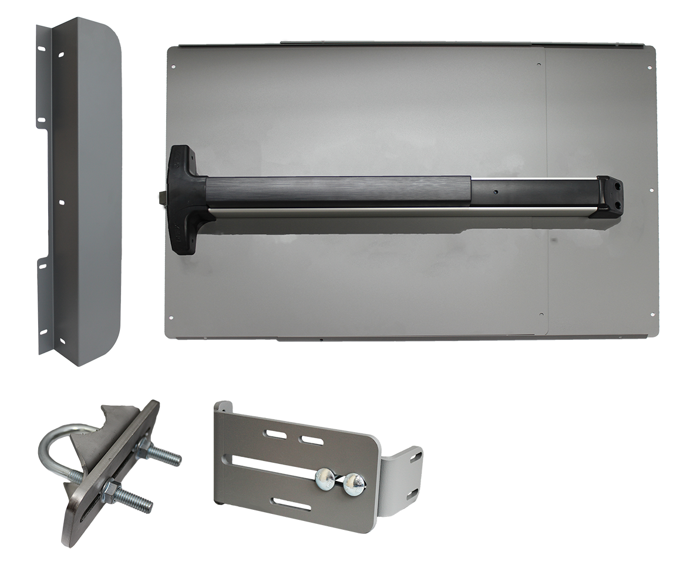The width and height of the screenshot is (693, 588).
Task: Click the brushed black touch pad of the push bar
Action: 338,190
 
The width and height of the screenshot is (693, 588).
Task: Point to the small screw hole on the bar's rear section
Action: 497,191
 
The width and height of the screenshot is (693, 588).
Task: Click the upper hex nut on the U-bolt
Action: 142,452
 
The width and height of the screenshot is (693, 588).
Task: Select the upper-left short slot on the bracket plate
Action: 274,434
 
